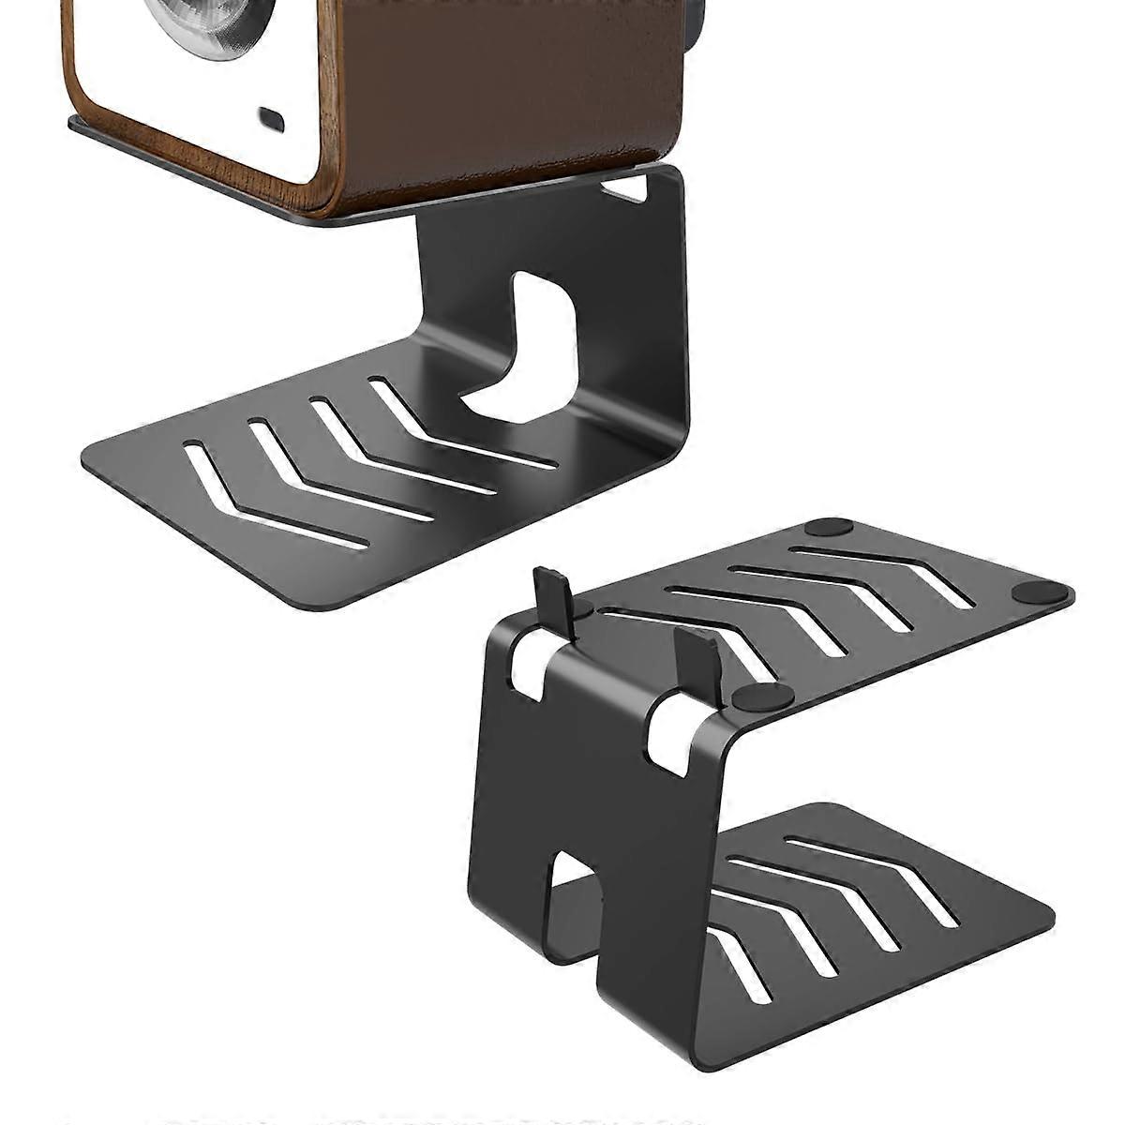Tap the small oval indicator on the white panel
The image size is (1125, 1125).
tap(272, 119)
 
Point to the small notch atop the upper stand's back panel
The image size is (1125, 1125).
tap(625, 188)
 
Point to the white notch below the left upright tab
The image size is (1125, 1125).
tap(525, 670)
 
